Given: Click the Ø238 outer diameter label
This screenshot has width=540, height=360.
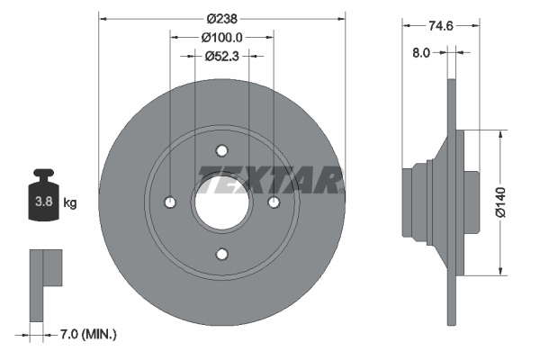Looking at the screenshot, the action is coord(221,19).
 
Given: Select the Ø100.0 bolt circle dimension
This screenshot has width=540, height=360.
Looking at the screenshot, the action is coord(221,37).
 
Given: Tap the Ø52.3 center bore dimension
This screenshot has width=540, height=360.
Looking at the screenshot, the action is coord(221,56).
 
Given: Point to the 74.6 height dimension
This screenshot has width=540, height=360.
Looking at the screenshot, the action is coord(441,25).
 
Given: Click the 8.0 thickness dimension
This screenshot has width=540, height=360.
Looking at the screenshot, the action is coord(421,53).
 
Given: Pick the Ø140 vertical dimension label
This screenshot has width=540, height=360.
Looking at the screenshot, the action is coord(500,202).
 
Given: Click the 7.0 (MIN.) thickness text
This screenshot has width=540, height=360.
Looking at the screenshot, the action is coord(88,334).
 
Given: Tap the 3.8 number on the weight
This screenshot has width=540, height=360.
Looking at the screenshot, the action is coord(44,202).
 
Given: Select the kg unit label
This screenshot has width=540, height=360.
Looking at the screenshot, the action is coord(70,202).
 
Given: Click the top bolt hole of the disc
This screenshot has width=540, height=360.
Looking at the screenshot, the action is coord(221,150).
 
